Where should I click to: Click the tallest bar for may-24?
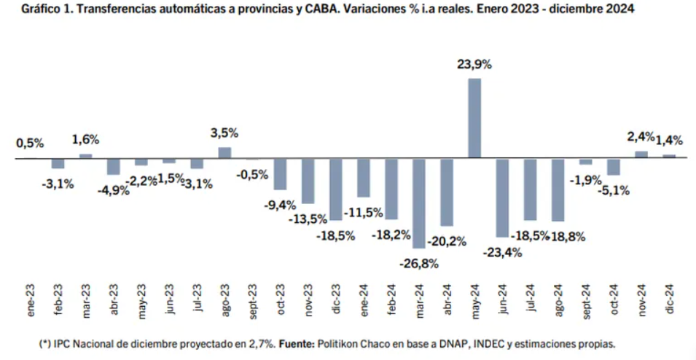474,118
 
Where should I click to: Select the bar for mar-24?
419,203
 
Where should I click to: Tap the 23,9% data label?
474,65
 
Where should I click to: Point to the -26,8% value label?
419,264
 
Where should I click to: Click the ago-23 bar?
224,153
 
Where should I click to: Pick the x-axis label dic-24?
670,300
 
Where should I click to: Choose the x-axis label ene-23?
31,300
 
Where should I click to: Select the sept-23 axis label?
253,302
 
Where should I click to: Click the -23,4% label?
502,253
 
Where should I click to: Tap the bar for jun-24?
502,198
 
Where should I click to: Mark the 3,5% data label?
224,133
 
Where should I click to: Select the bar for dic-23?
336,189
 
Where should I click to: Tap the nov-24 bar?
641,154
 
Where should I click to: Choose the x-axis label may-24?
474,301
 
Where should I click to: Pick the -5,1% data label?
614,191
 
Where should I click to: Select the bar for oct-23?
280,174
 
